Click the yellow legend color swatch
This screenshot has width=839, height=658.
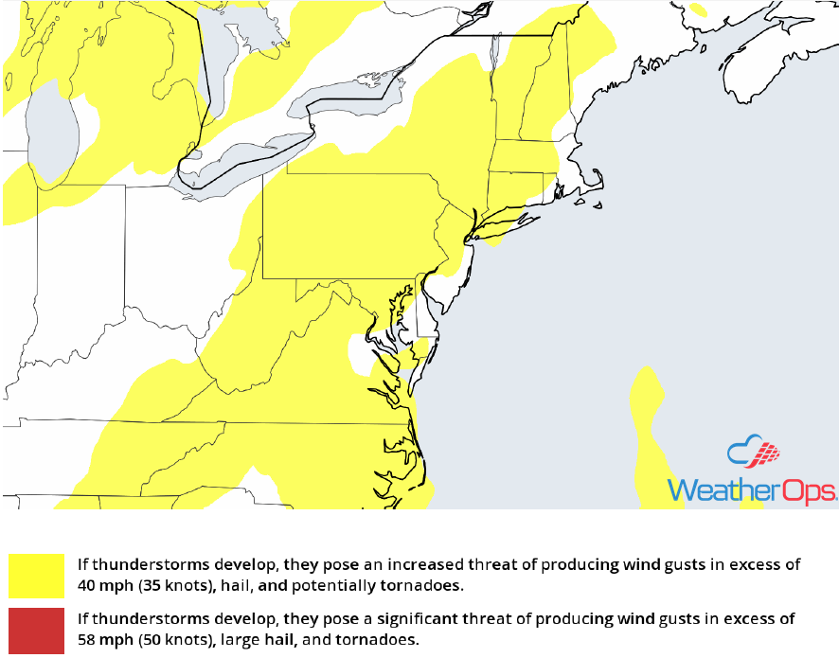(37, 576)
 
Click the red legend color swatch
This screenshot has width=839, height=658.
(37, 630)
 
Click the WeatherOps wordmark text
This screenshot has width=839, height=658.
(752, 489)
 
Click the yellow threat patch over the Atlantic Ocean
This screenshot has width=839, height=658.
(649, 426)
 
